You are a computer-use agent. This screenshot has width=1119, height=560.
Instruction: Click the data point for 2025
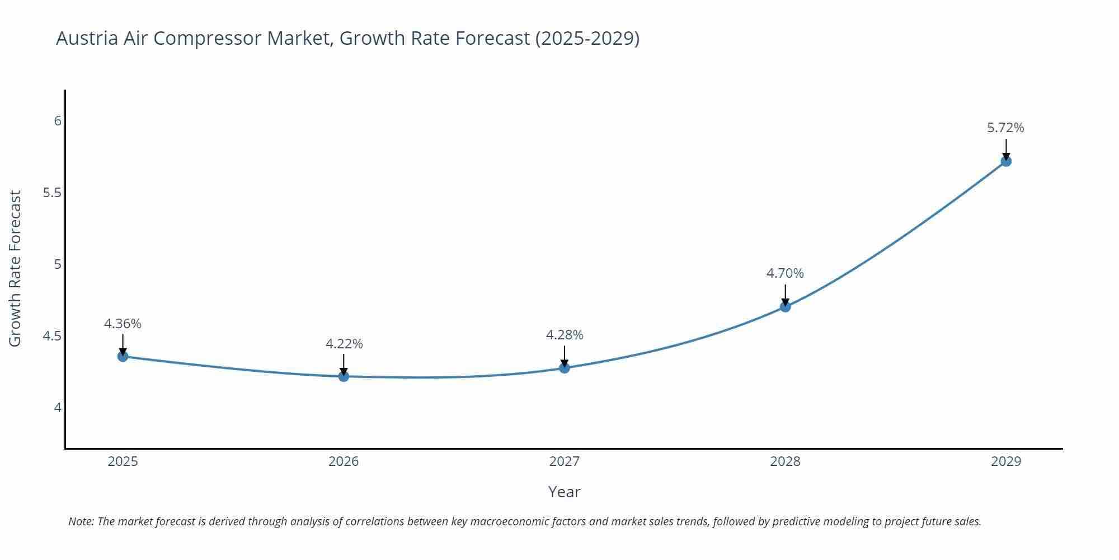[x=123, y=356]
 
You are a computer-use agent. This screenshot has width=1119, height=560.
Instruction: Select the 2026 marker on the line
[x=344, y=376]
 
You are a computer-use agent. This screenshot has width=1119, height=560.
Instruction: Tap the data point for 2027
[x=565, y=368]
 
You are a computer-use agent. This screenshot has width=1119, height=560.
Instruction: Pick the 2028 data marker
[x=785, y=307]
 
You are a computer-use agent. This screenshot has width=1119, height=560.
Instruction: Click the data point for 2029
[x=1006, y=161]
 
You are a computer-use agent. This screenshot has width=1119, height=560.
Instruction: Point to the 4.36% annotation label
[x=123, y=324]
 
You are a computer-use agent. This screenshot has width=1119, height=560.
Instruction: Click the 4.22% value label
[x=344, y=344]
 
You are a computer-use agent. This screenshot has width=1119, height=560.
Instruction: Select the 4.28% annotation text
[x=565, y=335]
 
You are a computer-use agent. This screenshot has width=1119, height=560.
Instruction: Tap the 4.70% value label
[x=785, y=273]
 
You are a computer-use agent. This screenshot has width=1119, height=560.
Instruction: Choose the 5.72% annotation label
[x=1005, y=128]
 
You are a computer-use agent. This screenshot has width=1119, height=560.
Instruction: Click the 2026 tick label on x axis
[x=344, y=461]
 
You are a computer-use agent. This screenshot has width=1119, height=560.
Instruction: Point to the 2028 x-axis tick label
[x=785, y=461]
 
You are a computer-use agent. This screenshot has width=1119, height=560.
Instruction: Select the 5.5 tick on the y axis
[x=52, y=193]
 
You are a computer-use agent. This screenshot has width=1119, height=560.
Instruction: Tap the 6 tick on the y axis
[x=58, y=121]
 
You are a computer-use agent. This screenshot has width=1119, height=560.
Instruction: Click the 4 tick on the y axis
[x=58, y=408]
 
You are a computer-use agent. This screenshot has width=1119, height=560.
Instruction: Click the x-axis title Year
[x=564, y=492]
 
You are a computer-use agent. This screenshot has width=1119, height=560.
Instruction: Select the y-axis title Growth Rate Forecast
[x=15, y=268]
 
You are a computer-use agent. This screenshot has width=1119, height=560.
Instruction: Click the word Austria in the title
[x=87, y=38]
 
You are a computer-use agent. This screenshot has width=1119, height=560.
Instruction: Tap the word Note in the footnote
[x=81, y=521]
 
